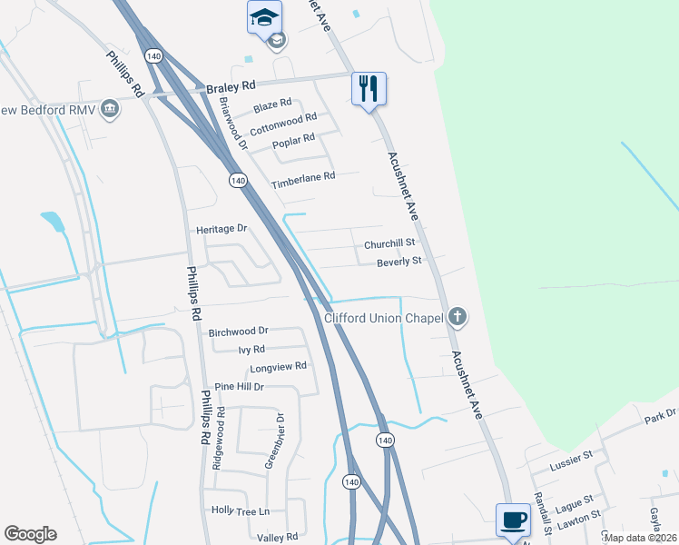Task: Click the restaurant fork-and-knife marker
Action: click(x=369, y=89)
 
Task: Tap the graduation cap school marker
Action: click(x=264, y=17)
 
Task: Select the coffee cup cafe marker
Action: click(x=513, y=520)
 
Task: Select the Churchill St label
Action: click(x=389, y=243)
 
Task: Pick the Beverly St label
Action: click(x=399, y=262)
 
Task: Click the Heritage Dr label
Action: click(x=221, y=229)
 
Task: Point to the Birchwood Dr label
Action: click(x=238, y=332)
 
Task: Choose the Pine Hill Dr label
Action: click(x=233, y=386)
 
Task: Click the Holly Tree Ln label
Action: click(x=241, y=511)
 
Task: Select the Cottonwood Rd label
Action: click(x=283, y=118)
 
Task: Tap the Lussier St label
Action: click(x=571, y=465)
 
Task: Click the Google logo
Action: click(x=30, y=534)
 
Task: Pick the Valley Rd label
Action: click(x=279, y=538)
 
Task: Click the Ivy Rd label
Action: click(x=251, y=349)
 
